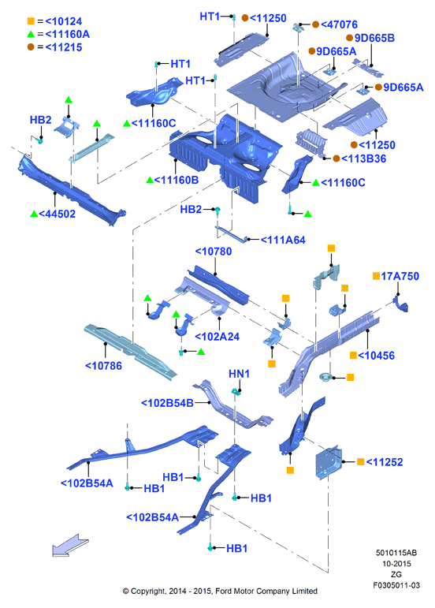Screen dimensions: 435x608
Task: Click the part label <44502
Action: coord(58,214)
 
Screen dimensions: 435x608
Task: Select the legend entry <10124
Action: coord(64,21)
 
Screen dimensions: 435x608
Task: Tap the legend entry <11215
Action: coord(64,47)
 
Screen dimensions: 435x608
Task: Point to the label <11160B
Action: coord(177,180)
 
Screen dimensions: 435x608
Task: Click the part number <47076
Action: coord(340,24)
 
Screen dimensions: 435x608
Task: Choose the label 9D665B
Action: coord(374,38)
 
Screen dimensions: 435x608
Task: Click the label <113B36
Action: coord(364,159)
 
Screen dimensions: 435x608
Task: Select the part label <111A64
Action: coord(283,240)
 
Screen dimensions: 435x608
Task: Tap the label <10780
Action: coord(214,252)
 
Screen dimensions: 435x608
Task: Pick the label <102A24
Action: coord(217,337)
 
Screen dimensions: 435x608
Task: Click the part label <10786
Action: coord(103,366)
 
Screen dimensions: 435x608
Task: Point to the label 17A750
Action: coord(400,276)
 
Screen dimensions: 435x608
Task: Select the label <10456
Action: coord(377,356)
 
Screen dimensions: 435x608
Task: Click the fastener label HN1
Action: coord(239,374)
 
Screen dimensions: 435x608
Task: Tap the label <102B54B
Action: coord(167,403)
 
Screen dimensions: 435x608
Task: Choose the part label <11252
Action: coord(385,462)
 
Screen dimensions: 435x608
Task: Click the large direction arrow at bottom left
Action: coord(70,545)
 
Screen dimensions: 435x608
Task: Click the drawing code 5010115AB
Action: coord(396,553)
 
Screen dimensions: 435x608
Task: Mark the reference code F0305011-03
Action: coord(396,585)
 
